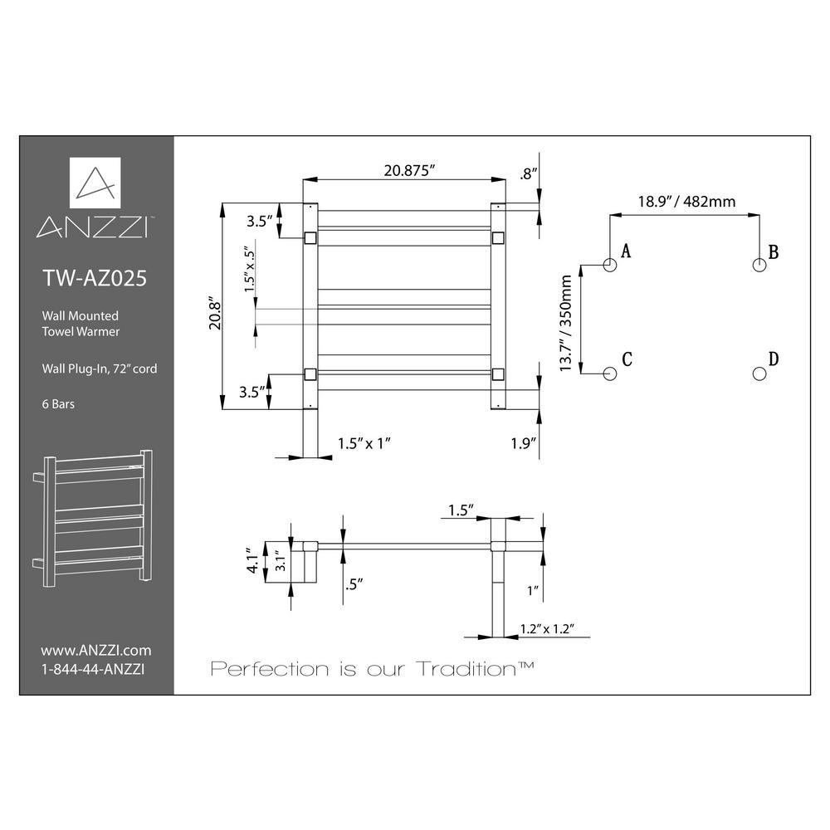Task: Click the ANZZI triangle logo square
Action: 95,183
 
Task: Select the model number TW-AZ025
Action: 95,278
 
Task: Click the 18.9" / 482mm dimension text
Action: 686,202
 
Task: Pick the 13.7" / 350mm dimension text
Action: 566,323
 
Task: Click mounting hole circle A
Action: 610,265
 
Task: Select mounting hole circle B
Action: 759,265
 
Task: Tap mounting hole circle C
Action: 610,373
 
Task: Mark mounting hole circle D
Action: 759,373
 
